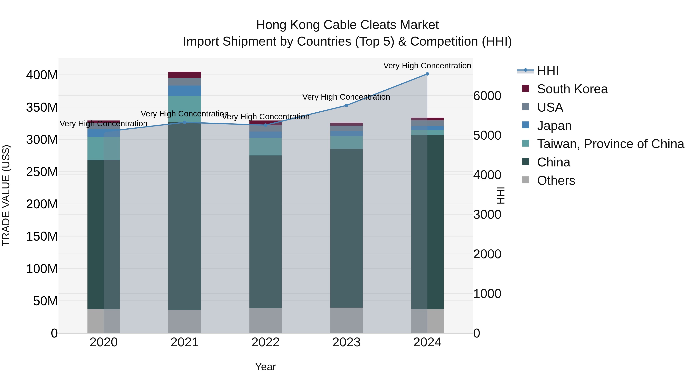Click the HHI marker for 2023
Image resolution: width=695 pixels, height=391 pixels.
(346, 105)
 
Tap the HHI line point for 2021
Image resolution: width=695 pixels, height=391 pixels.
(185, 122)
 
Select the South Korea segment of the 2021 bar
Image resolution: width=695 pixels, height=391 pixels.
(185, 75)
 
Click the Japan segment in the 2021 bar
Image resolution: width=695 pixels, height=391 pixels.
(185, 91)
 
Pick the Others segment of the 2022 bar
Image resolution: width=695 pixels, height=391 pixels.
(265, 321)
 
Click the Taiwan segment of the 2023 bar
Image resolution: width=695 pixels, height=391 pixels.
(346, 142)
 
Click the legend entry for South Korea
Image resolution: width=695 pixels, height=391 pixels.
(572, 89)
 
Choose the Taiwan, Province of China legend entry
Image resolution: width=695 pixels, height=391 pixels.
(610, 144)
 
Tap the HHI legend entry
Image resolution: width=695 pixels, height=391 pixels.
(548, 71)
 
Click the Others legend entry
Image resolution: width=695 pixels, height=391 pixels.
(556, 181)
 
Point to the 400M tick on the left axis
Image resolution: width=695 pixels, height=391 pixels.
(42, 75)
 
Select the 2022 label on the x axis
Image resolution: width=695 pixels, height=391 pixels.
(265, 342)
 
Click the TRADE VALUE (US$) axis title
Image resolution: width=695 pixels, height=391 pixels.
(6, 195)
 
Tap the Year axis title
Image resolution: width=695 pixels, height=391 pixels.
(265, 367)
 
